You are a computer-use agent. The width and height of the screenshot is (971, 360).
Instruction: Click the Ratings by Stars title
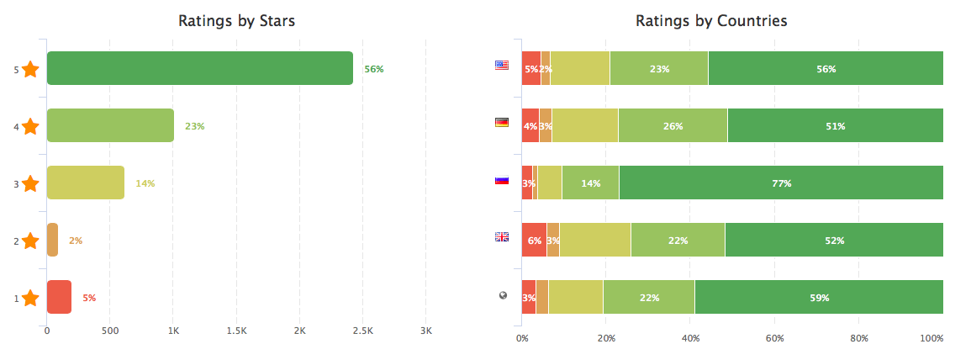[236, 21]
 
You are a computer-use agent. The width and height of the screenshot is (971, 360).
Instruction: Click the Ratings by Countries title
[711, 21]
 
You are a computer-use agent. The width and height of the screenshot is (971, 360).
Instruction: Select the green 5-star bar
[200, 68]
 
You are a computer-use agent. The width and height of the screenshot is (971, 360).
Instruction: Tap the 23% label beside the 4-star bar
[194, 126]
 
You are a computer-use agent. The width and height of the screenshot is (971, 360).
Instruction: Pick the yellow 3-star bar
[86, 183]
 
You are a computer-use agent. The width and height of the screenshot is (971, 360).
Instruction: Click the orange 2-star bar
[52, 240]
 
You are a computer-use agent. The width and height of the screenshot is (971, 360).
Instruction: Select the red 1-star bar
[59, 297]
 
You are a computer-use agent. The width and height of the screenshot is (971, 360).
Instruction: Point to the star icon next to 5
[30, 70]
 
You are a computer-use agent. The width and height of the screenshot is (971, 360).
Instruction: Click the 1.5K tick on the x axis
[237, 331]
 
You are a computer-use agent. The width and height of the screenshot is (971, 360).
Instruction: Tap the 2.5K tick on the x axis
[362, 331]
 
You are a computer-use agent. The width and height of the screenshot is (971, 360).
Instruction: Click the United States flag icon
[502, 65]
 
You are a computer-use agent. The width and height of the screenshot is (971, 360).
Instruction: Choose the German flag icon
[502, 122]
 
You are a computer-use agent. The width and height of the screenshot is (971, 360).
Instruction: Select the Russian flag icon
[502, 179]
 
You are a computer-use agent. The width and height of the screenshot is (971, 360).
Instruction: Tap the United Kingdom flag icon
[502, 236]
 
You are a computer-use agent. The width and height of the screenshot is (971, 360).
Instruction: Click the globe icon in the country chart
[502, 294]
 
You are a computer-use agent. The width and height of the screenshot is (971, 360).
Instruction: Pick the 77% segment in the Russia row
[781, 183]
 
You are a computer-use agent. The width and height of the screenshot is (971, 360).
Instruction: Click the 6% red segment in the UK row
[534, 240]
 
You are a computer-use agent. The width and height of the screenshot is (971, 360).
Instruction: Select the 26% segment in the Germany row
[673, 125]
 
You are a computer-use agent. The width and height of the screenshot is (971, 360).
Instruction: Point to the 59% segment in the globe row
[819, 297]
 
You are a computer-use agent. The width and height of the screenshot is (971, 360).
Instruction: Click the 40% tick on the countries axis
[690, 338]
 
